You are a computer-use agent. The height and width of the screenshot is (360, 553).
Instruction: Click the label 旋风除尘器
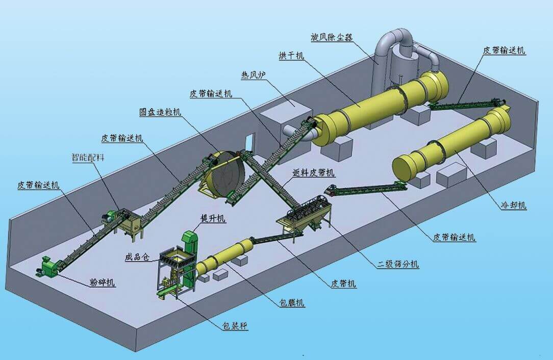(332, 37)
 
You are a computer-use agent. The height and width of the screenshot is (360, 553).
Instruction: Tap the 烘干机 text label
(291, 56)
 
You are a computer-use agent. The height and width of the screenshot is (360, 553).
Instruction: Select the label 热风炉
(253, 75)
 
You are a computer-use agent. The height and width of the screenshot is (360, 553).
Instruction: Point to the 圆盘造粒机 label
(160, 112)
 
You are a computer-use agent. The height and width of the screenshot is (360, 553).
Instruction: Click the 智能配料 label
(88, 157)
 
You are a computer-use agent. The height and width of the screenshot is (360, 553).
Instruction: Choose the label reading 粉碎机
(102, 282)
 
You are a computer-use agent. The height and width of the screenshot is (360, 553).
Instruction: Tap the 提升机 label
(213, 219)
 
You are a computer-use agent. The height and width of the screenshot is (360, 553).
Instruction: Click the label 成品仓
(137, 257)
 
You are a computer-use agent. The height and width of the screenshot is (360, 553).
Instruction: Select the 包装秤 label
(235, 326)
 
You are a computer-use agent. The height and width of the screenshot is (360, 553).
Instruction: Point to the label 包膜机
(292, 302)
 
